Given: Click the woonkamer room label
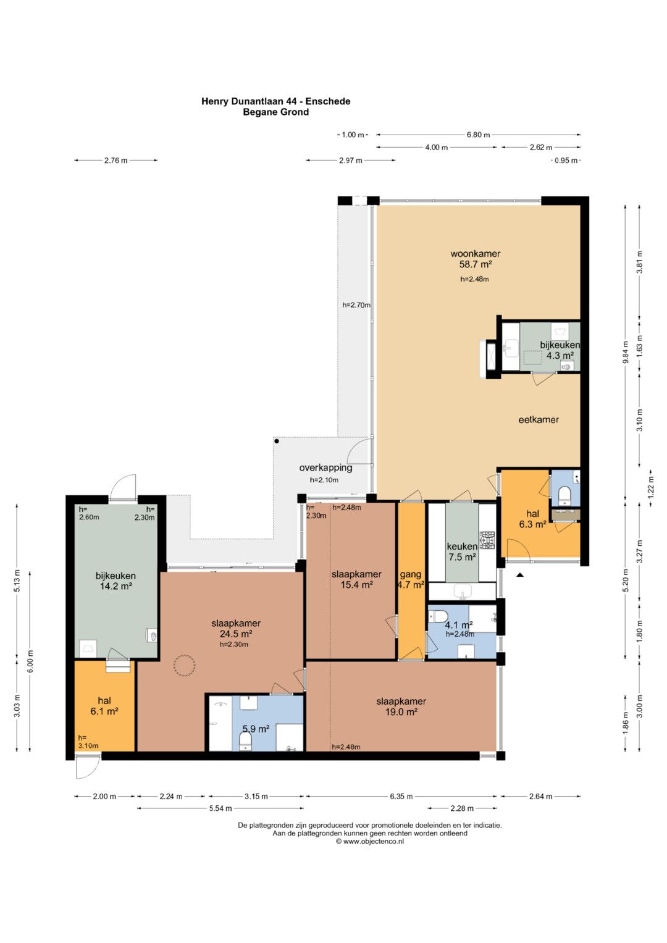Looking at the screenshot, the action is click(x=476, y=253).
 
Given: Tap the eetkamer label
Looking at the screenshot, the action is click(x=539, y=419).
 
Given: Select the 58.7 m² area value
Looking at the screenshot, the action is click(x=476, y=264).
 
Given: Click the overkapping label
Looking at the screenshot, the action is click(x=325, y=467).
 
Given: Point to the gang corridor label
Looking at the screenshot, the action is click(x=411, y=574).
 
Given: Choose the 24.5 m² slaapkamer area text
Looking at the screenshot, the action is click(x=236, y=634).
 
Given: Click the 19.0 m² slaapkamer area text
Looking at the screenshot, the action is click(x=401, y=712).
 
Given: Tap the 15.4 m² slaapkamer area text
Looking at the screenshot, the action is click(x=356, y=585).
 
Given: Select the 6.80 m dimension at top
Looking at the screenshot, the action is click(x=478, y=135).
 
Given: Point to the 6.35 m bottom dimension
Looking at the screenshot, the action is click(x=401, y=796).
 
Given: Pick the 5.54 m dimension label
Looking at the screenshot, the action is click(x=220, y=808).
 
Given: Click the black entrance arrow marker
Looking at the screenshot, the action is click(x=519, y=574).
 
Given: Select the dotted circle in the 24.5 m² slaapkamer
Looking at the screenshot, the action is click(x=185, y=666).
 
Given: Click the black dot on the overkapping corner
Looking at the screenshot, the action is click(x=277, y=441).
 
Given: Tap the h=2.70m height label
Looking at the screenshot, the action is click(x=356, y=305).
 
